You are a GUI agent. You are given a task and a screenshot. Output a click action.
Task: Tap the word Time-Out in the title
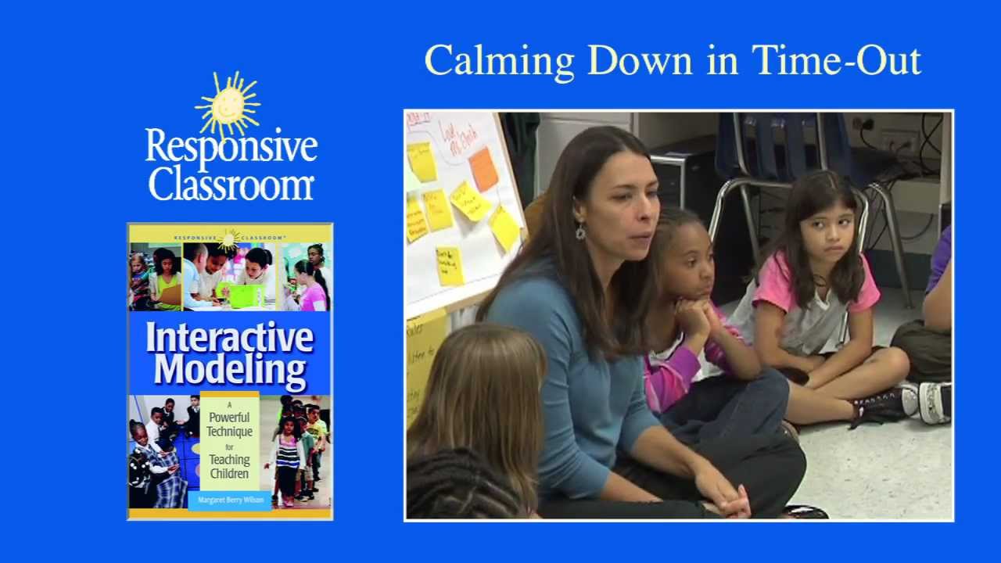pos(836,60)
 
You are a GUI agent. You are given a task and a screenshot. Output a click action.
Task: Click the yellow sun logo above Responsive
pos(228,105)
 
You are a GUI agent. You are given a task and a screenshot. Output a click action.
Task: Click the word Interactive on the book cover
pos(230,338)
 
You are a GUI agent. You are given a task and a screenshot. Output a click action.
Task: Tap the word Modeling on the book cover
pos(230,370)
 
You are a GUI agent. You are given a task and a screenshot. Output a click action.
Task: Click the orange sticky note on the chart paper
pos(483,169)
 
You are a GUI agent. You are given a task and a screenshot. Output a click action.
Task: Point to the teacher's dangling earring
pos(580,231)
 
